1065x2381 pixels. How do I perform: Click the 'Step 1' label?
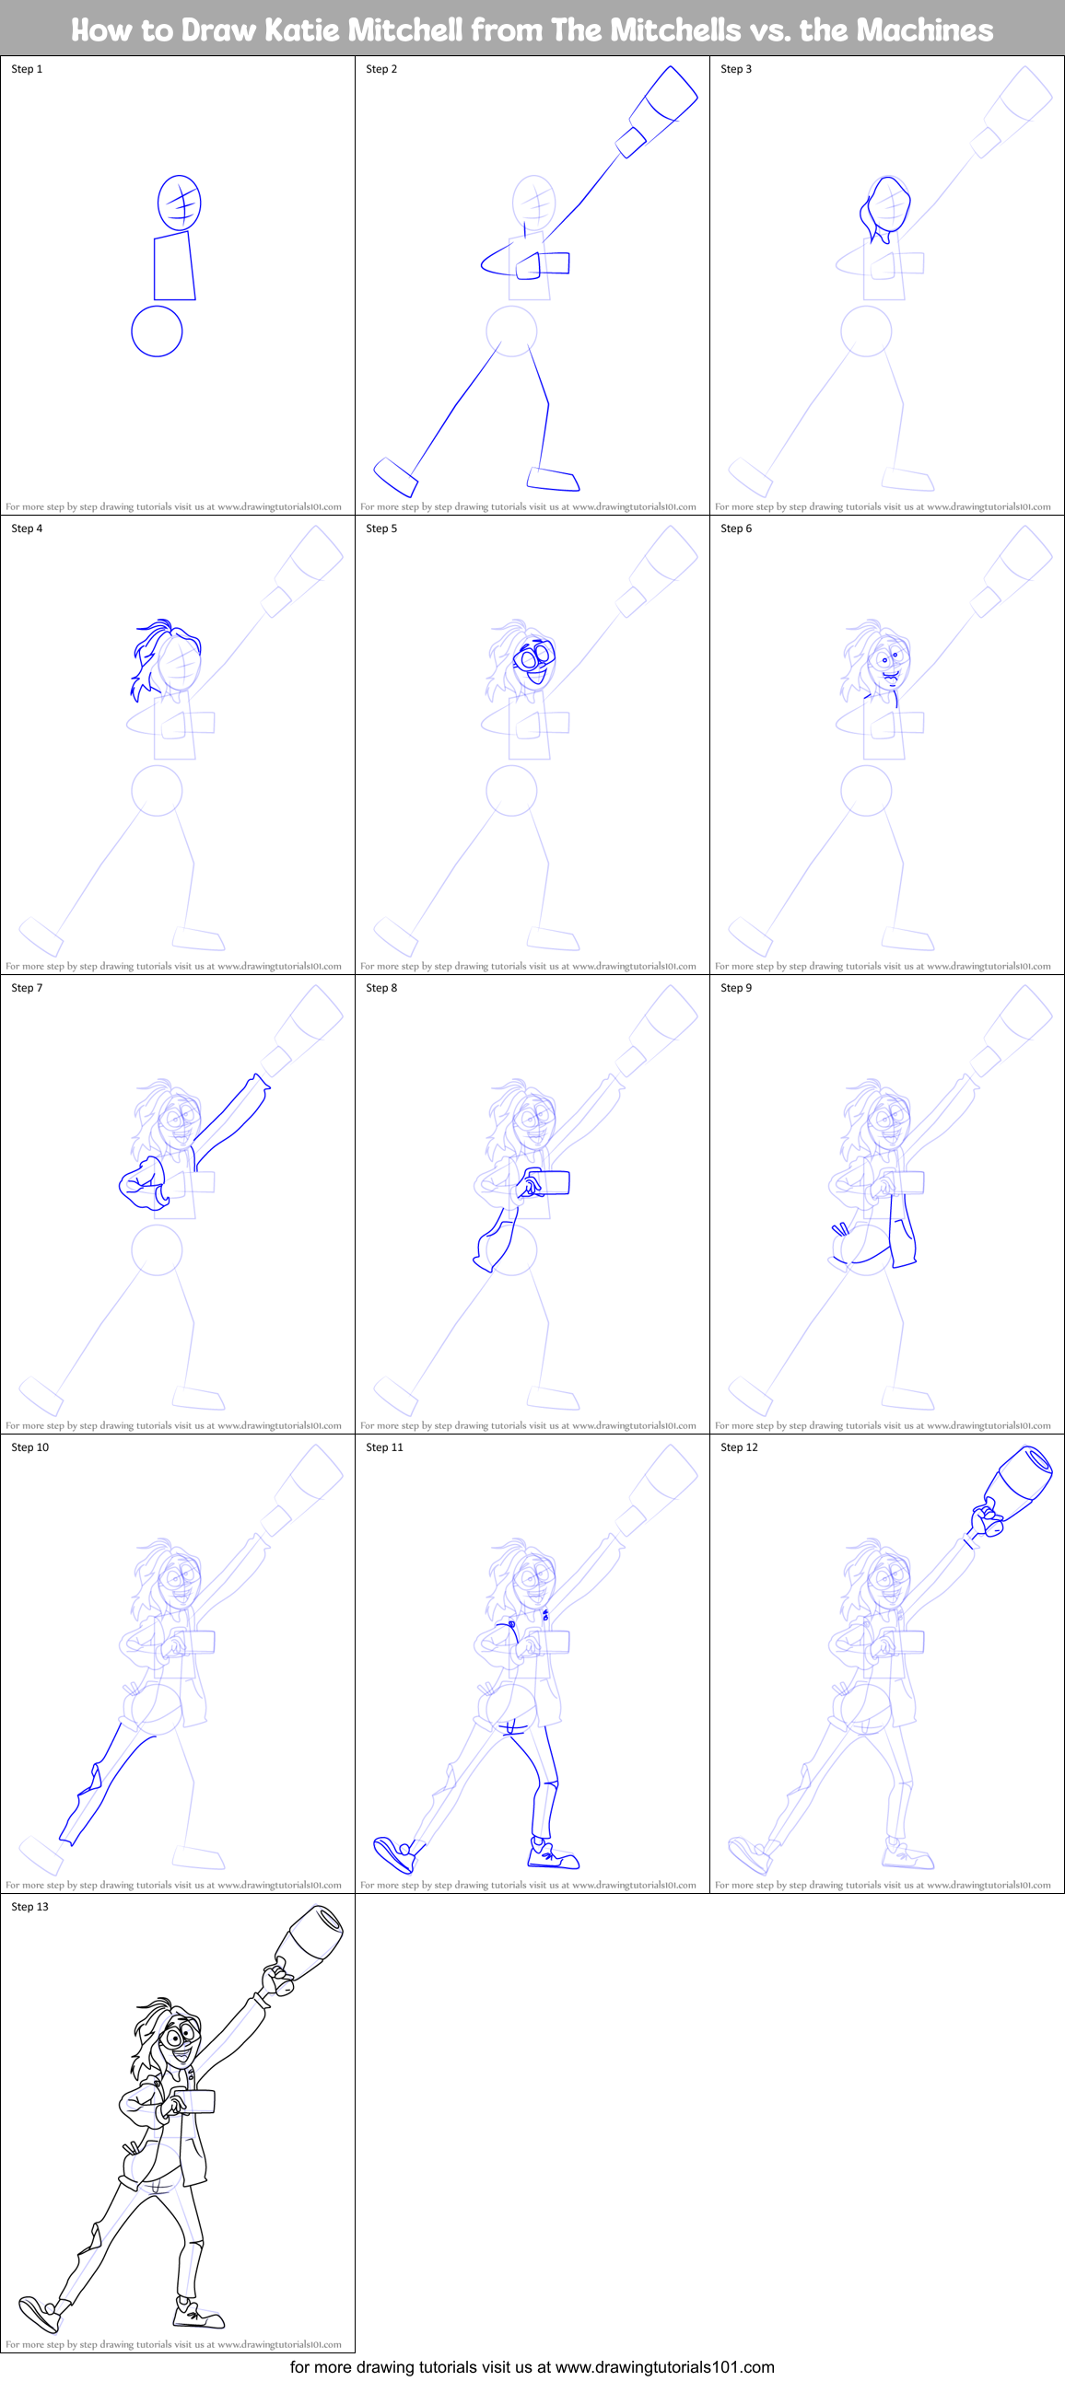27,69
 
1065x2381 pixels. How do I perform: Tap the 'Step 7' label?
27,988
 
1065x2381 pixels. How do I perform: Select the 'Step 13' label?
29,1907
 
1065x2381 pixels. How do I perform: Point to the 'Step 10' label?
29,1447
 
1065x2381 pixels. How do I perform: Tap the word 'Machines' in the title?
923,30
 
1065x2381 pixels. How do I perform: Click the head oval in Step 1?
180,203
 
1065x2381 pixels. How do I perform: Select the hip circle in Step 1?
158,331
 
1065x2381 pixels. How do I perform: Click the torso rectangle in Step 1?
174,267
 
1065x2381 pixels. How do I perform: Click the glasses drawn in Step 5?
533,657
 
